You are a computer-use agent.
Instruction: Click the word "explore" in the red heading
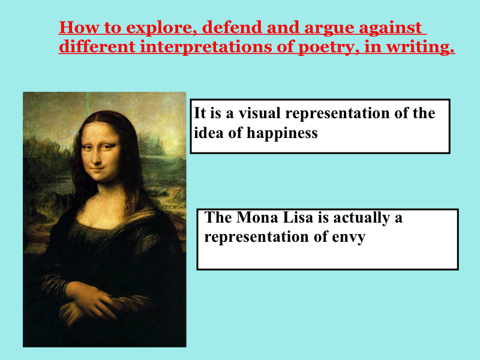[161, 28]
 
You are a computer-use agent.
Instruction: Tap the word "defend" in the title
[232, 27]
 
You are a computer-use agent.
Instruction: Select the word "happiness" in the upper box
[282, 133]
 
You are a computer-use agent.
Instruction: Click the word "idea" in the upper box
[209, 133]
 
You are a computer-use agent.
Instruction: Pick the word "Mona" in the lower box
[257, 217]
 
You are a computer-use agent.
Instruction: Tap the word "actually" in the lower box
[361, 218]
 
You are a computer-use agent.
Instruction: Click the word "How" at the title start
[79, 27]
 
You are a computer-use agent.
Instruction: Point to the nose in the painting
[97, 156]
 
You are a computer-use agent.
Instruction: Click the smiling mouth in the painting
[98, 169]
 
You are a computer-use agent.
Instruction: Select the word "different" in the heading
[97, 47]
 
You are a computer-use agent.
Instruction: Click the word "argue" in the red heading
[328, 28]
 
